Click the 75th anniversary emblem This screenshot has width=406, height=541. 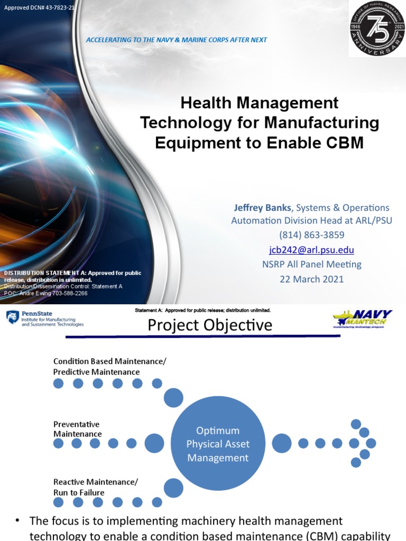pyautogui.click(x=377, y=29)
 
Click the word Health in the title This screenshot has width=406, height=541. pyautogui.click(x=206, y=102)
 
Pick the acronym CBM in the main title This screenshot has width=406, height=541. pyautogui.click(x=343, y=143)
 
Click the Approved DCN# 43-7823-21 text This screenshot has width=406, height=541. pyautogui.click(x=39, y=8)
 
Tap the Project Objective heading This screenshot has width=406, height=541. pyautogui.click(x=210, y=325)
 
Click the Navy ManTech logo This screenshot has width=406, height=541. pyautogui.click(x=363, y=319)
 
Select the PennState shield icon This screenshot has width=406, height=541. pyautogui.click(x=12, y=317)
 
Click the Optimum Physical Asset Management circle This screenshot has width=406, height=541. pyautogui.click(x=218, y=444)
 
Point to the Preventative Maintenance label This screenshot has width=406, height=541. pyautogui.click(x=77, y=429)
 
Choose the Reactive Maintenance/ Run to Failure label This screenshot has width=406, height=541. pyautogui.click(x=95, y=487)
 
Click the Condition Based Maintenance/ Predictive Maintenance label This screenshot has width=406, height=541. pyautogui.click(x=109, y=366)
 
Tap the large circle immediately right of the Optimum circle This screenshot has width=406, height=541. pyautogui.click(x=281, y=443)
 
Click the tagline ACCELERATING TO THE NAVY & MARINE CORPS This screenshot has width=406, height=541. pyautogui.click(x=176, y=40)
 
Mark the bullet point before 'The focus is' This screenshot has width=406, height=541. pyautogui.click(x=17, y=521)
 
